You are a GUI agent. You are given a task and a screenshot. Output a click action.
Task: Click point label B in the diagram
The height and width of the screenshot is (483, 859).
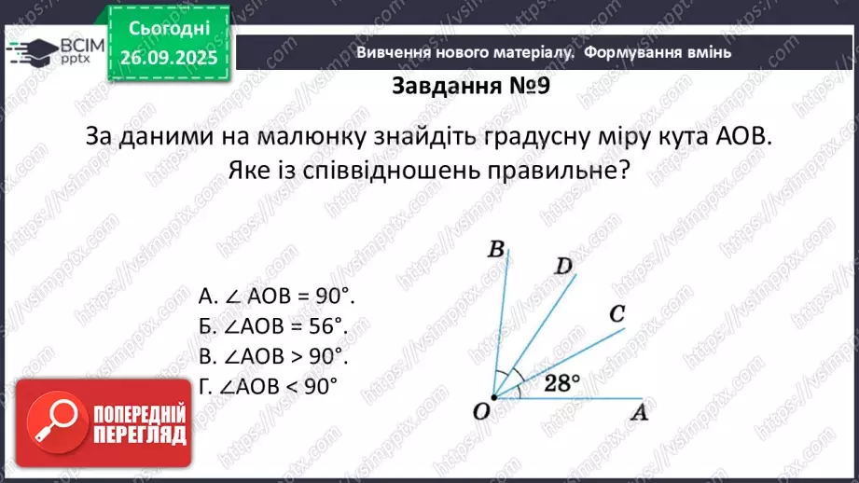[x=497, y=249]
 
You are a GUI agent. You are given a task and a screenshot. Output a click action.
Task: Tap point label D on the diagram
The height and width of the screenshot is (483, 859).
[x=563, y=268]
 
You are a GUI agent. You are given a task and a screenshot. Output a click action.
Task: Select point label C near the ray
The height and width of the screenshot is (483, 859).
[x=617, y=314]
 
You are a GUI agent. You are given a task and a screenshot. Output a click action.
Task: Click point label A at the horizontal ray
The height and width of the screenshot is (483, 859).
[x=639, y=411]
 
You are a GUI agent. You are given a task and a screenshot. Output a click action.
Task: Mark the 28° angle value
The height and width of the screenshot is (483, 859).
[x=561, y=381]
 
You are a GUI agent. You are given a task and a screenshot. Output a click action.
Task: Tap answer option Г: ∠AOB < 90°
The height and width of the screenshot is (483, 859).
[x=267, y=385]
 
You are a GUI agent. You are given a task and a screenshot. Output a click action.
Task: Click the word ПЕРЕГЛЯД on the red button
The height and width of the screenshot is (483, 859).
[x=139, y=435]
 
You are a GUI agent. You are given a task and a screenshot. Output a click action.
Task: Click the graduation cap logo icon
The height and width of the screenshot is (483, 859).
[x=29, y=51]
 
